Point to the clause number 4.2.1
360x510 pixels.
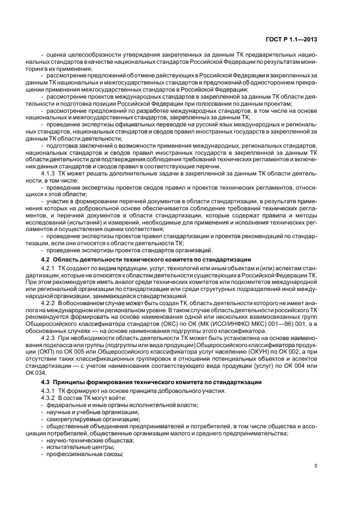[x=50, y=269]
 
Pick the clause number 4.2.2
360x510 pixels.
[x=50, y=302]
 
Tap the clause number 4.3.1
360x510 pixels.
[x=50, y=391]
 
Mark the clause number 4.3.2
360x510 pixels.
[x=50, y=398]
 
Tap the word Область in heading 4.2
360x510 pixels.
[x=68, y=259]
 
